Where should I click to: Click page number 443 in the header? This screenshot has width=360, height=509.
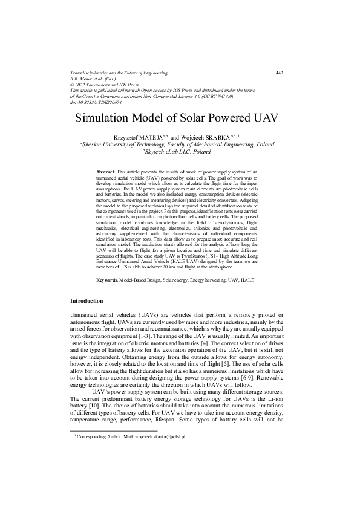(279, 73)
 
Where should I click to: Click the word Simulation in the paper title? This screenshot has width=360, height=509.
(105, 117)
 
